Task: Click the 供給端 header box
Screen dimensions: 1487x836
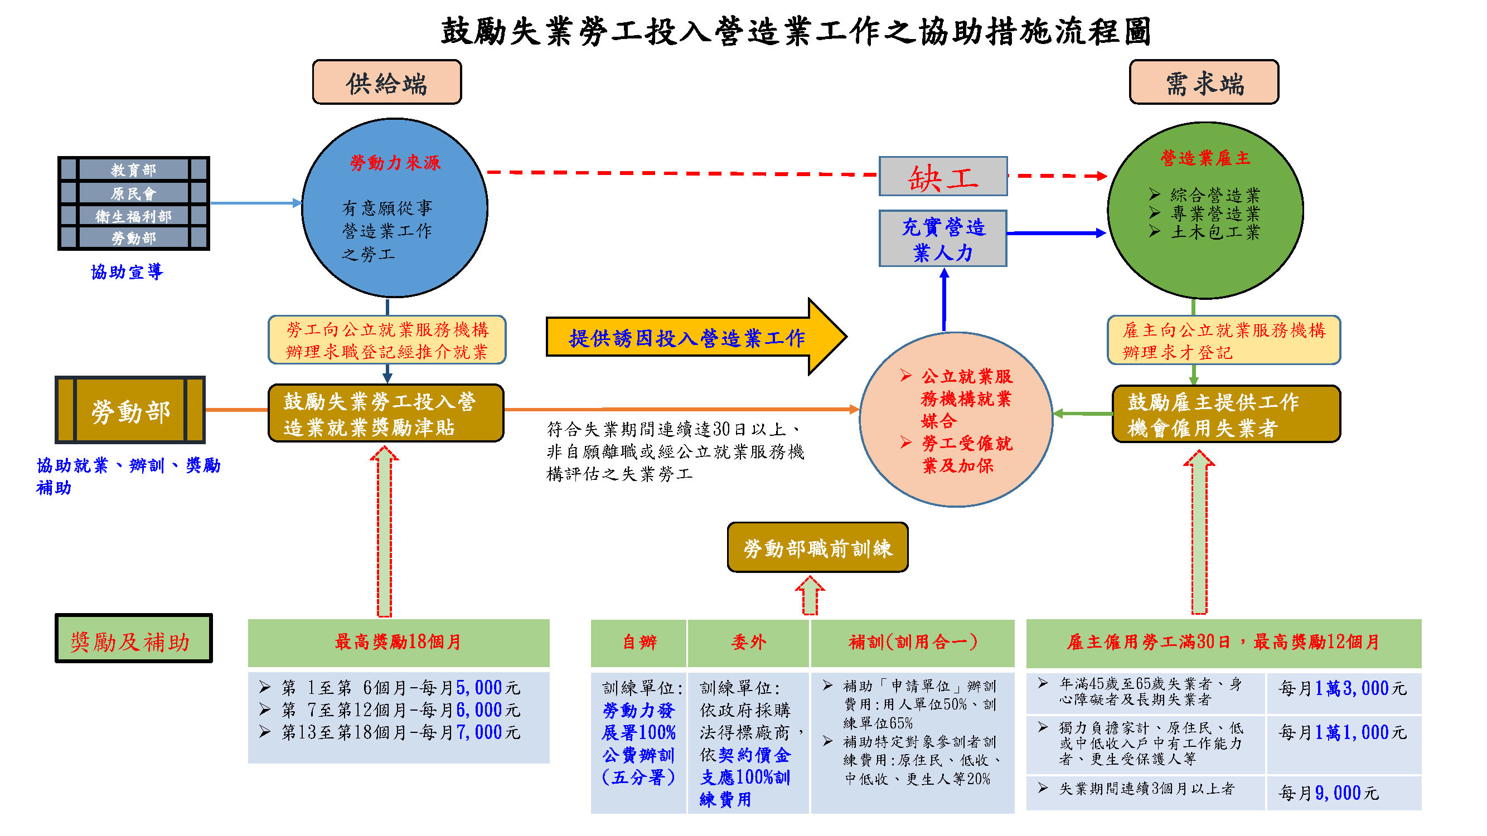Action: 387,82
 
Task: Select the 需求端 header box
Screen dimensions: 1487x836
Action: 1204,82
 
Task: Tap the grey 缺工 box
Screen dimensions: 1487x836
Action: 943,176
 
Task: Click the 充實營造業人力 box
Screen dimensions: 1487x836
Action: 943,239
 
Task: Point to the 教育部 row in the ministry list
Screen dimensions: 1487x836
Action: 133,169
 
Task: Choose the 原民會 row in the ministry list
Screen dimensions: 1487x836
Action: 133,193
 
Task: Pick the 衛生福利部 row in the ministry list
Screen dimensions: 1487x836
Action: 133,216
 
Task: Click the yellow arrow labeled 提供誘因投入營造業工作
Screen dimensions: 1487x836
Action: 696,337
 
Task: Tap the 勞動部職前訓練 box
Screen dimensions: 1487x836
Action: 817,547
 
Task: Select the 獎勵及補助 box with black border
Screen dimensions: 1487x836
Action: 133,638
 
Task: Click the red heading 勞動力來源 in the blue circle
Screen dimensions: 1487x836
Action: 395,163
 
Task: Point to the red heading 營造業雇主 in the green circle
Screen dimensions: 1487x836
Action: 1205,158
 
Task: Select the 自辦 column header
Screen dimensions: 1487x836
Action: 638,643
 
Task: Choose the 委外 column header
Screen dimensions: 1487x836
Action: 748,643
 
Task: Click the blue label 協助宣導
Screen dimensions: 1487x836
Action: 127,272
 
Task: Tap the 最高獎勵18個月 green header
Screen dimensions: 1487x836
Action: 398,643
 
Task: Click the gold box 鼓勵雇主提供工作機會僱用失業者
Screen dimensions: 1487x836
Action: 1226,414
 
